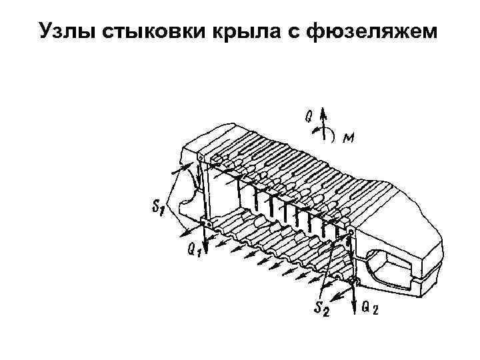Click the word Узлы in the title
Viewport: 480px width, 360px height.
pyautogui.click(x=67, y=31)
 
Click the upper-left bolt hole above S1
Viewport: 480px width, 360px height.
pyautogui.click(x=202, y=157)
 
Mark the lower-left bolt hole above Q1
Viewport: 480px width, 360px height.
pyautogui.click(x=203, y=223)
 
